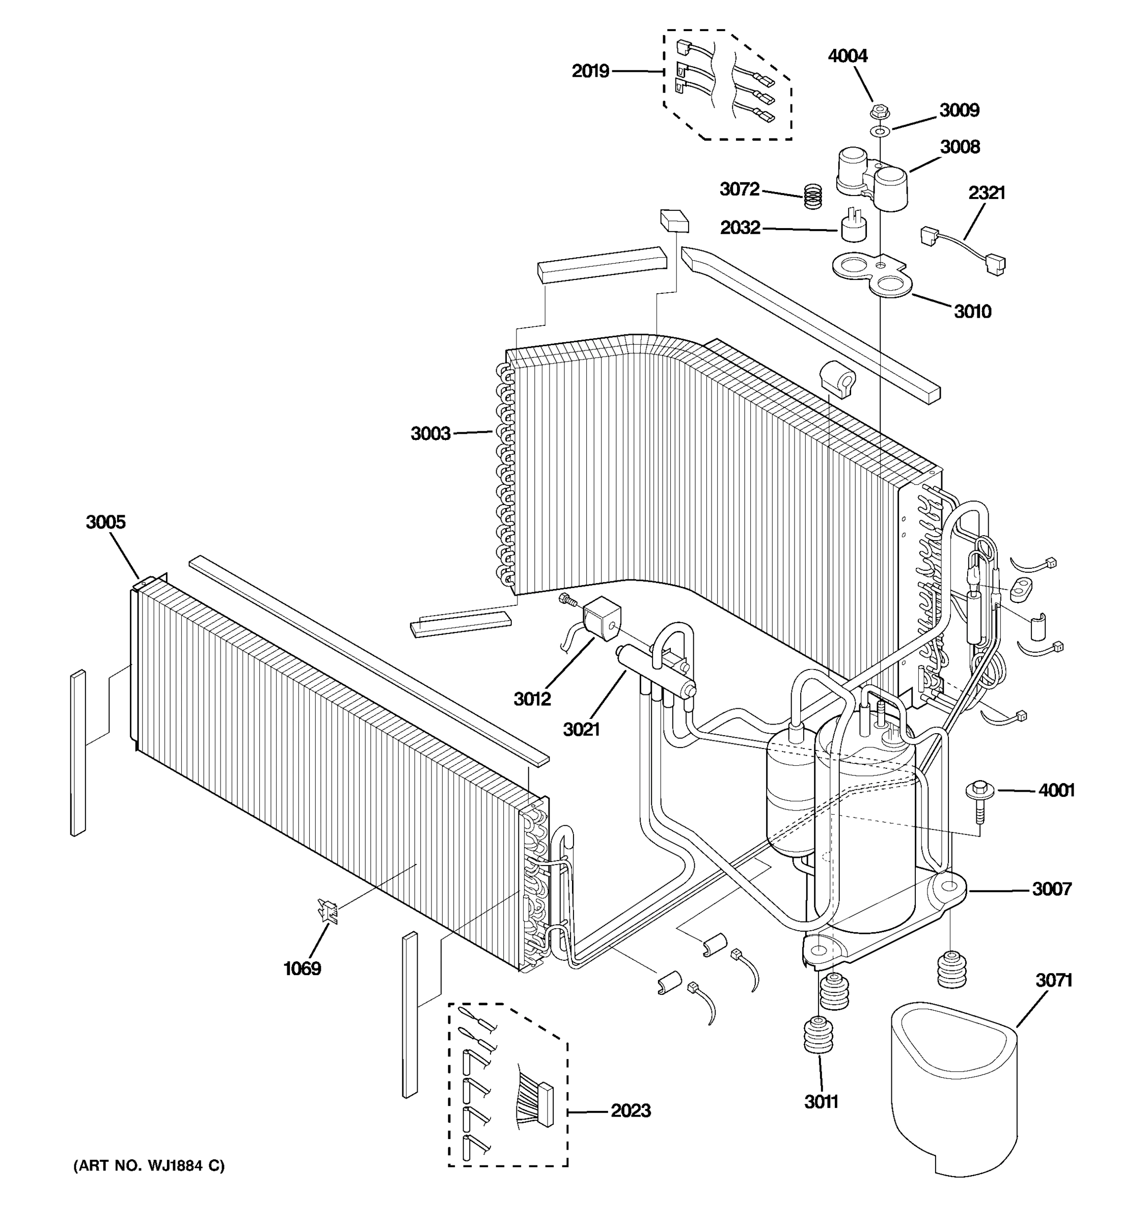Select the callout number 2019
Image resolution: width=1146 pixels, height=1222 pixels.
point(590,71)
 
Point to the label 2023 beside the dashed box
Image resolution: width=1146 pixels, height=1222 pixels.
point(630,1110)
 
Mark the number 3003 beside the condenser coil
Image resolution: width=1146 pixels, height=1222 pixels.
point(430,434)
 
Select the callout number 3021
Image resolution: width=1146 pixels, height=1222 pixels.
point(581,730)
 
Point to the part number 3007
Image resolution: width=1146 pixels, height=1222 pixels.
point(1051,889)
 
